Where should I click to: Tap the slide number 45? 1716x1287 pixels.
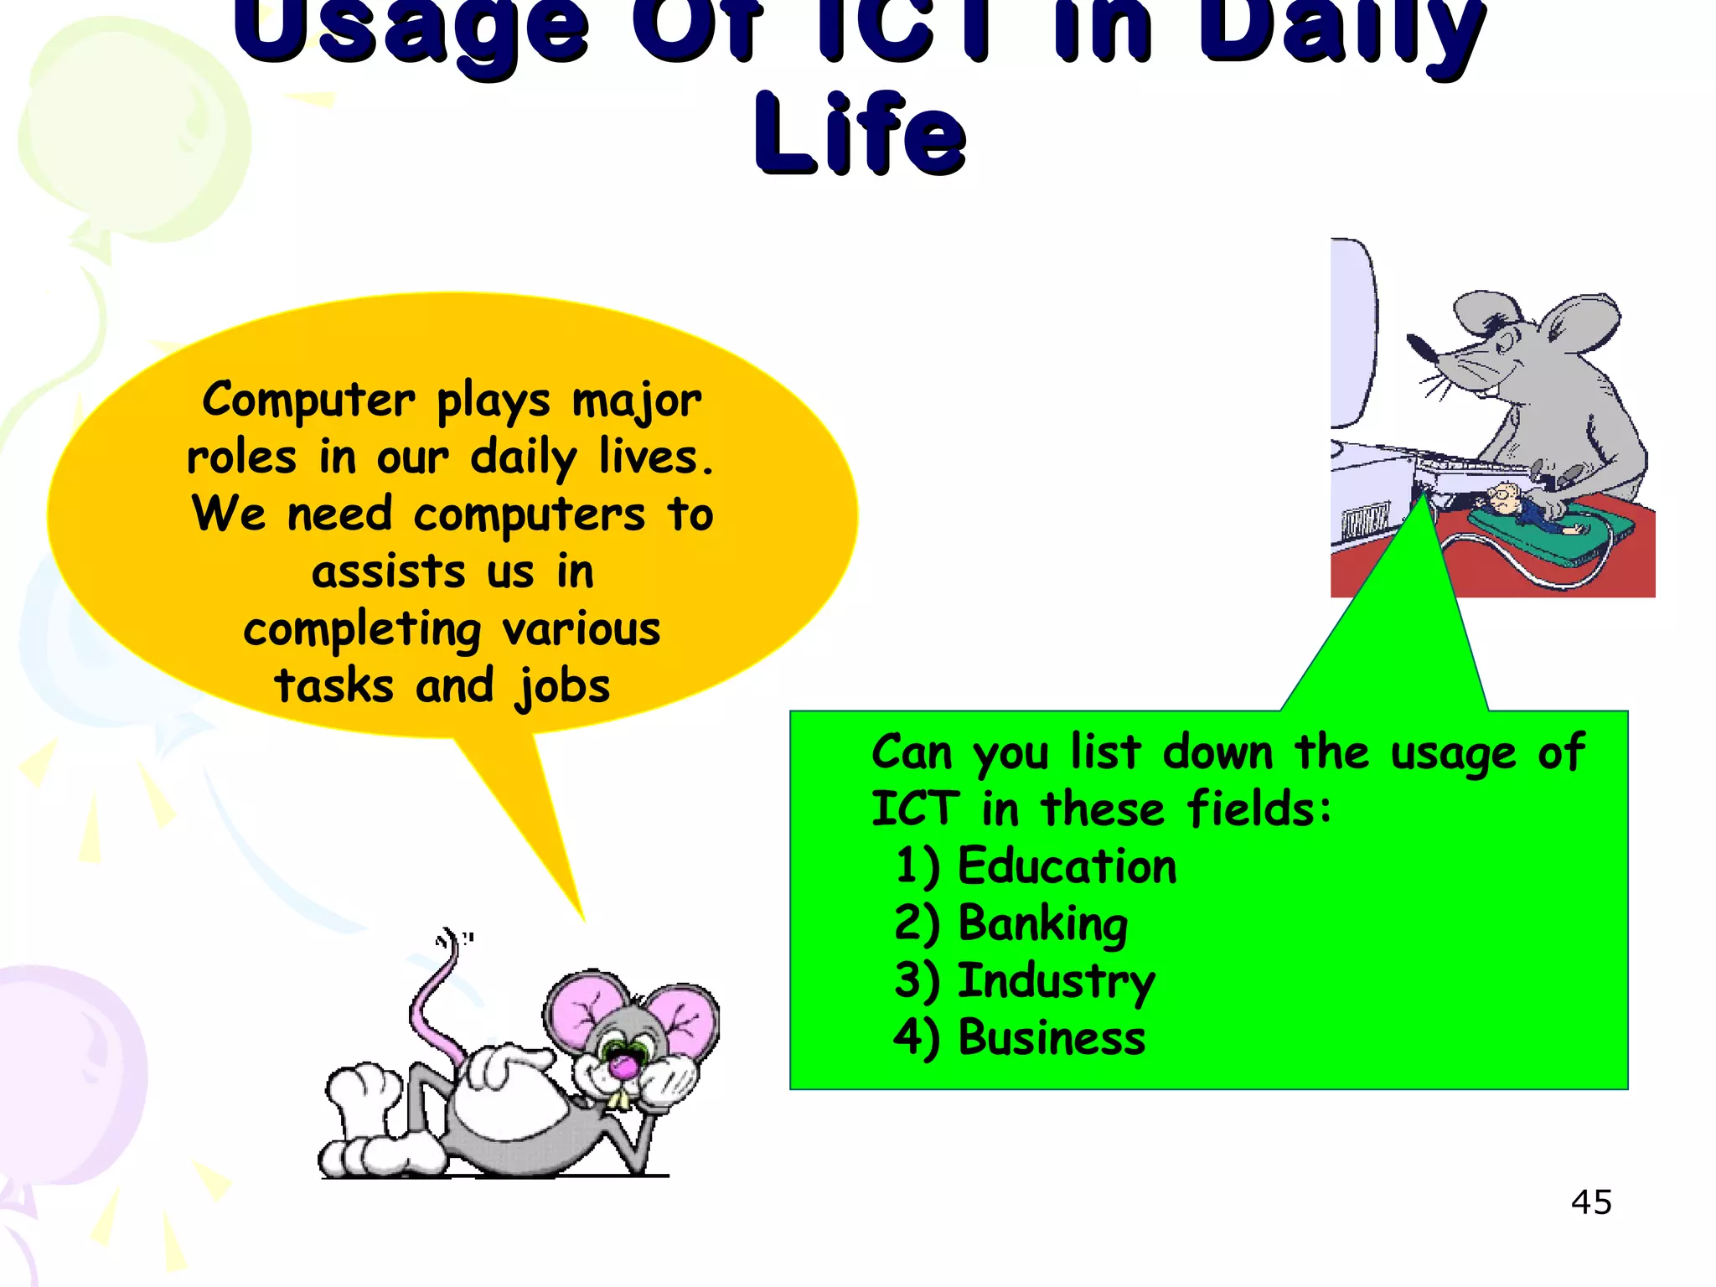click(x=1591, y=1202)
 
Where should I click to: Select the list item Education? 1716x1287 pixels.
click(x=1066, y=866)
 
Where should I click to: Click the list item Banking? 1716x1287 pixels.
click(x=1042, y=924)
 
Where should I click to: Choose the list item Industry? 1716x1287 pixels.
click(x=1056, y=981)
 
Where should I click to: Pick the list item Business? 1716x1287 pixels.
click(x=1051, y=1038)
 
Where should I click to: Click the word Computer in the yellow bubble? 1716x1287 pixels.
click(x=308, y=401)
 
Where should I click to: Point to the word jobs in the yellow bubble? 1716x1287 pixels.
click(x=563, y=687)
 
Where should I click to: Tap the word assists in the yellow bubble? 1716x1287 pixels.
click(x=388, y=573)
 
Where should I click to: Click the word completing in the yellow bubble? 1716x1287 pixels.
click(x=362, y=630)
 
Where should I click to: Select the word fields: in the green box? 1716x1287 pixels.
click(x=1259, y=809)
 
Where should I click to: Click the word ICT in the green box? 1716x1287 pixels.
click(x=915, y=809)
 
